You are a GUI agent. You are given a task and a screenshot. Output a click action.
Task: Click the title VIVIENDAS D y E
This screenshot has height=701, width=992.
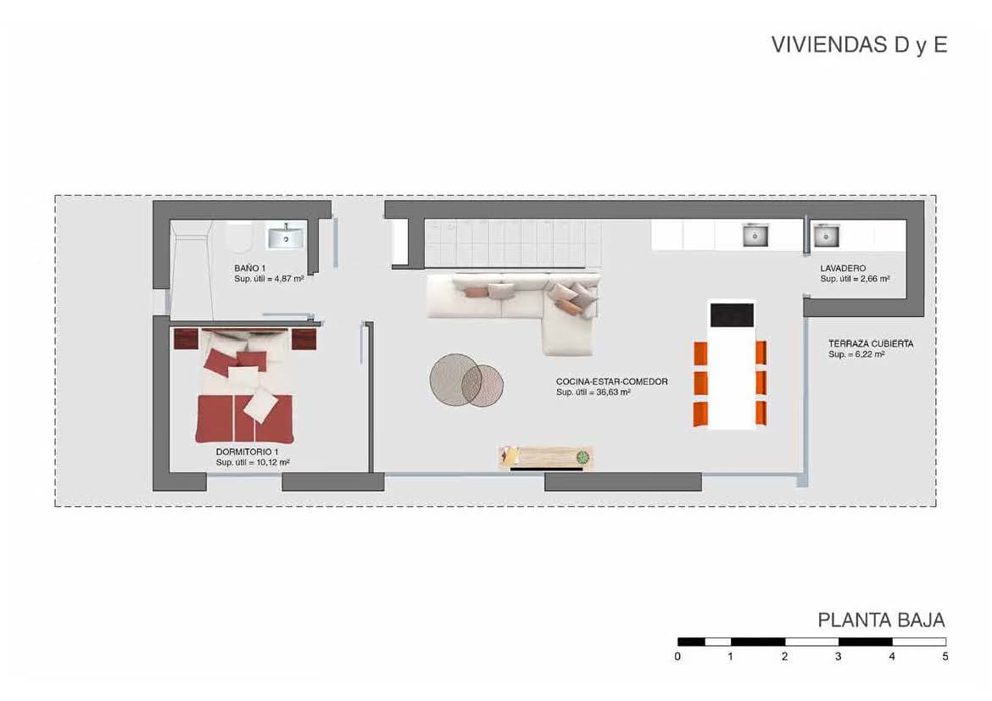click(859, 45)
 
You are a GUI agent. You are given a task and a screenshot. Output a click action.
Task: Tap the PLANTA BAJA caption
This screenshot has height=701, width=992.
click(881, 620)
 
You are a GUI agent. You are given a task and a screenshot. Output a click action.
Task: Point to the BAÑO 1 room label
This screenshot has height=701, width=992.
click(250, 268)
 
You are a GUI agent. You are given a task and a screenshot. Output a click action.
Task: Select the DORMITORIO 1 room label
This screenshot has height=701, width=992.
click(248, 452)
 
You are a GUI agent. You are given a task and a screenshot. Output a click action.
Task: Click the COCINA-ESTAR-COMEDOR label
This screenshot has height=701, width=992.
click(612, 381)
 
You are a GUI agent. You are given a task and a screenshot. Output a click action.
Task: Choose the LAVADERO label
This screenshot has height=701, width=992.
click(843, 268)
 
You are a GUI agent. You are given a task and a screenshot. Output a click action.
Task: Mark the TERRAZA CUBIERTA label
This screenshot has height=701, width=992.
click(871, 343)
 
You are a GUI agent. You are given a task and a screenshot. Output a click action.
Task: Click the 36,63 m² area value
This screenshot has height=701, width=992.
click(613, 392)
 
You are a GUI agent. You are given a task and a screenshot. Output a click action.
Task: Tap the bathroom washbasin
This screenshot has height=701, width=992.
click(286, 237)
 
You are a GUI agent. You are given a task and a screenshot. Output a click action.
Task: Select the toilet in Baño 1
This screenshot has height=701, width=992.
click(239, 238)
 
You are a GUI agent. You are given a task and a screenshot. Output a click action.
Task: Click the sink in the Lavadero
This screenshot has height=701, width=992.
click(826, 236)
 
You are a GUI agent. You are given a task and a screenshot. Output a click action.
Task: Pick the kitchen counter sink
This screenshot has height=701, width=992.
click(755, 236)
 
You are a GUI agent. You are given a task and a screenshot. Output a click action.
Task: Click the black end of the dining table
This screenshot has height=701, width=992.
click(732, 315)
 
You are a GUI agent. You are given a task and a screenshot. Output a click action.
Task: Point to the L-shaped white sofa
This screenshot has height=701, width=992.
click(512, 303)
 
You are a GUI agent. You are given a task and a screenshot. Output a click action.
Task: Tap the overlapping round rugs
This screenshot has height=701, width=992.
click(466, 381)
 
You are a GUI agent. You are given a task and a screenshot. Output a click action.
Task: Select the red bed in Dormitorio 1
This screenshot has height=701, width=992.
click(244, 386)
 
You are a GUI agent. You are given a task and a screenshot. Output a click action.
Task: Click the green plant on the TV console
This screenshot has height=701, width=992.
click(582, 457)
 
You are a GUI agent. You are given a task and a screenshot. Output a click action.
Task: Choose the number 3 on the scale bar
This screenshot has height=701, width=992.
click(839, 657)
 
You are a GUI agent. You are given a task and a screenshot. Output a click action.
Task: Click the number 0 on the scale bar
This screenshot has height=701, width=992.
click(677, 657)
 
